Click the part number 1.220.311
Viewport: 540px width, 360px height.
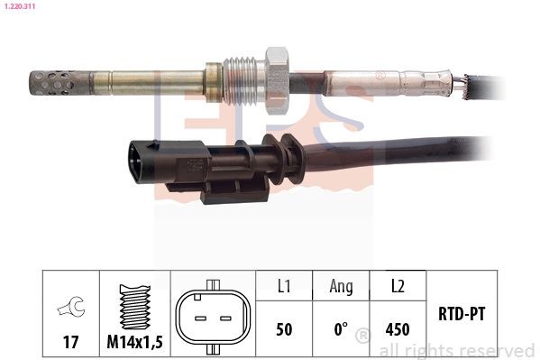click(x=20, y=6)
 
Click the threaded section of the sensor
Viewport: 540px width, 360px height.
click(x=244, y=79)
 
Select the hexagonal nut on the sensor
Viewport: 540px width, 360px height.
click(x=278, y=81)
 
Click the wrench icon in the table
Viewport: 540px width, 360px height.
click(x=71, y=306)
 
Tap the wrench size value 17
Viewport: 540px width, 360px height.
click(x=70, y=342)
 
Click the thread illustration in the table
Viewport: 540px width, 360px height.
click(x=135, y=306)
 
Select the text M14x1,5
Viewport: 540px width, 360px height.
click(x=134, y=342)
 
